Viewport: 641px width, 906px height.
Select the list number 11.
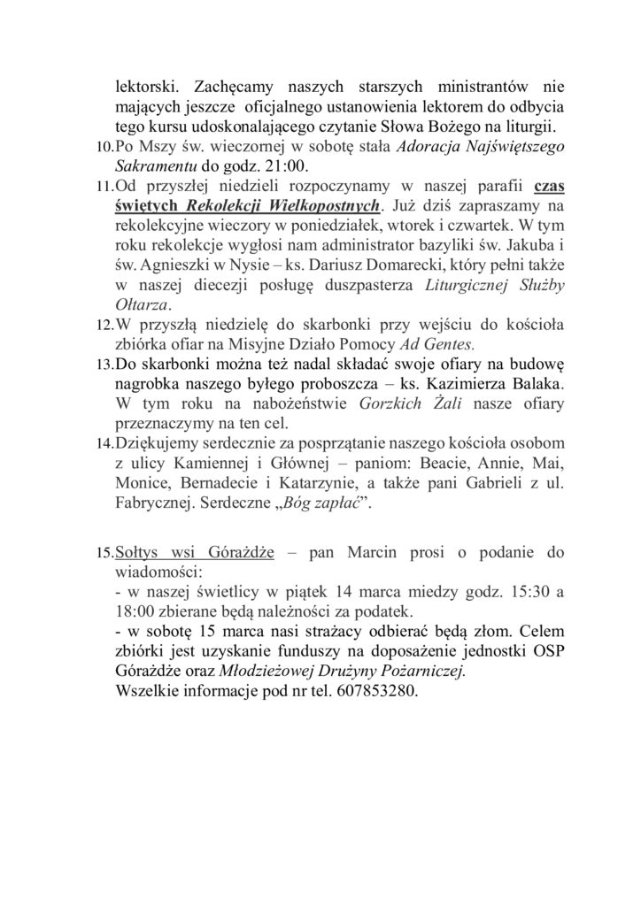104,187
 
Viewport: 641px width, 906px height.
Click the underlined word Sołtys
137,553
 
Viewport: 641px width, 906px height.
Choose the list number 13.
104,365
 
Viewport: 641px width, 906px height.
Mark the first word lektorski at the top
149,88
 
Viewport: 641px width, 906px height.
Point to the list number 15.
104,554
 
